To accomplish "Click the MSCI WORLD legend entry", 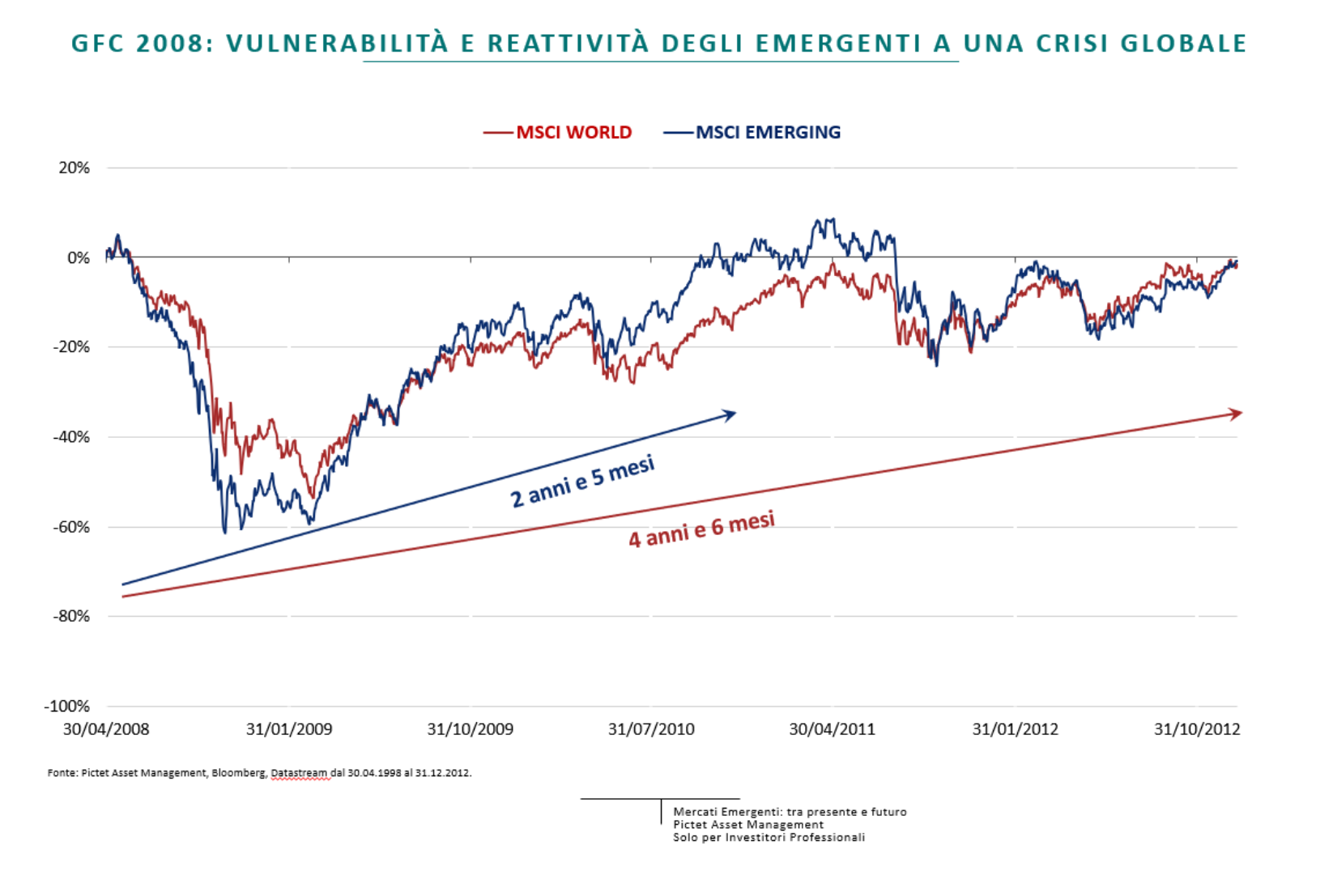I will [x=573, y=132].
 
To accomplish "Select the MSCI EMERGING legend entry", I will [x=768, y=132].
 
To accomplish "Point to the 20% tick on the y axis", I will [x=75, y=168].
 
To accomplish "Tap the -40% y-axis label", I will [x=71, y=437].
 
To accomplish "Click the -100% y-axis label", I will [x=67, y=706].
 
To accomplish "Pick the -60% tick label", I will [x=71, y=527].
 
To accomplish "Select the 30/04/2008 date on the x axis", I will [x=106, y=729].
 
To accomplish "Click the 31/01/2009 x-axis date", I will [x=289, y=729].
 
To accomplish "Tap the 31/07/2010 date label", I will [x=651, y=729].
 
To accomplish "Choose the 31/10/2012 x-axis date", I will [x=1197, y=729].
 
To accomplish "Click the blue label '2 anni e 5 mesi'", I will [x=582, y=482].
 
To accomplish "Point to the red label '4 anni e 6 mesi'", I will [x=701, y=529].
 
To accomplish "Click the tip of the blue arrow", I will [x=735, y=412].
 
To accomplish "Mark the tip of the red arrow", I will [x=1241, y=413].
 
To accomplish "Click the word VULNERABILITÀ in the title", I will [x=337, y=43].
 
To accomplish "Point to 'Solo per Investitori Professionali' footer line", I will [x=769, y=838].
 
